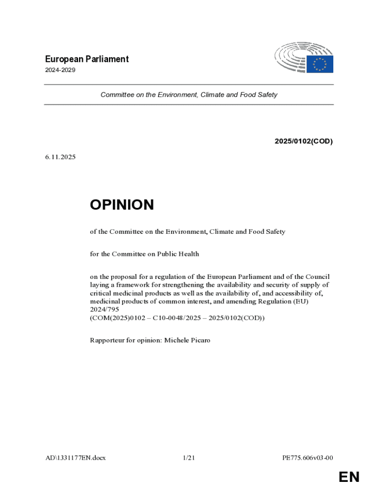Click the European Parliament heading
(86, 59)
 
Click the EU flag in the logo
(320, 64)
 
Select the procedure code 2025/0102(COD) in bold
(303, 142)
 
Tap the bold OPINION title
(122, 205)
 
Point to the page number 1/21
(189, 458)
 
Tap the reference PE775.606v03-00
(308, 458)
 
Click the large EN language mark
(349, 477)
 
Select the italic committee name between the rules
(189, 95)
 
